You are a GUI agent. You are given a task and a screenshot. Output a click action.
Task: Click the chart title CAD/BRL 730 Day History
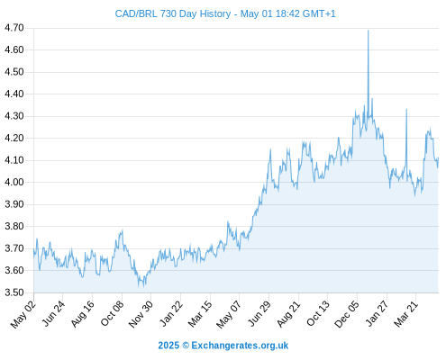173,13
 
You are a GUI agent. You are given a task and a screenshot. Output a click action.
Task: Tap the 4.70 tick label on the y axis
14,28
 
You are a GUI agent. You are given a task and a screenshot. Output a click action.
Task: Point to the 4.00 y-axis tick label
14,182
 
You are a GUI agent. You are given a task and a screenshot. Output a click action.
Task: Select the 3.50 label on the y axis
14,292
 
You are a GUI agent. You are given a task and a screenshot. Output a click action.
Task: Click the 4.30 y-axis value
14,116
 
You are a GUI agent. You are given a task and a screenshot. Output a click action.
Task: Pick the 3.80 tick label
14,226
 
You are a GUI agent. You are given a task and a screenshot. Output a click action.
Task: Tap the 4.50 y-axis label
14,72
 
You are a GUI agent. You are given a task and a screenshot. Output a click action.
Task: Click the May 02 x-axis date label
23,314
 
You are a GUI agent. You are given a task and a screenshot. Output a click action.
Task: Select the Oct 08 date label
112,313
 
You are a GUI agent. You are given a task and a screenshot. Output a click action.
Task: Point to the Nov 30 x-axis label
141,314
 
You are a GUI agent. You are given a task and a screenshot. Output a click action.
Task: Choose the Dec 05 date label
347,314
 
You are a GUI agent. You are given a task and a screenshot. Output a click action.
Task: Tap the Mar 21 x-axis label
406,314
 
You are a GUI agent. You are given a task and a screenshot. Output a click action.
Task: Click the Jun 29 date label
259,313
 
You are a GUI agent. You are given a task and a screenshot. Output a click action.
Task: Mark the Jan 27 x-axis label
377,313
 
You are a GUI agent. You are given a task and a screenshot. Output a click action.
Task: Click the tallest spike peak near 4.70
369,31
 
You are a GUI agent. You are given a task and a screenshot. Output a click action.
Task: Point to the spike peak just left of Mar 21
406,109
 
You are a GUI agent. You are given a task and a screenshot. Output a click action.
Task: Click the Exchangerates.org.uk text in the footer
240,346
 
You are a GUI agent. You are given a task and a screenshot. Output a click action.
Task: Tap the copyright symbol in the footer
186,346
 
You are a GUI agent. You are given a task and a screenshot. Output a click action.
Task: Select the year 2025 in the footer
168,346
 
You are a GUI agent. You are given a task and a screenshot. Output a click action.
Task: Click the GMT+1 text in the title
319,13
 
